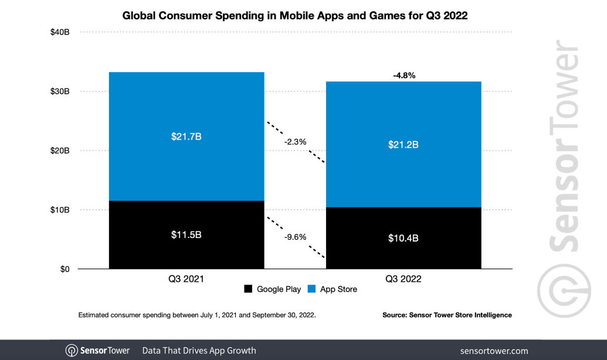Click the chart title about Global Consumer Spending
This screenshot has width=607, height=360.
click(x=295, y=16)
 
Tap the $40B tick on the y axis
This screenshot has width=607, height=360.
click(x=60, y=32)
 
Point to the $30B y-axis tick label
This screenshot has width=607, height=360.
click(x=60, y=91)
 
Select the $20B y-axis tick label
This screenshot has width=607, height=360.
click(x=60, y=151)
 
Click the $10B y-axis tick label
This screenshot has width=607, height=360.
click(x=60, y=210)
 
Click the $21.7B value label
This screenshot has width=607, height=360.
click(x=186, y=137)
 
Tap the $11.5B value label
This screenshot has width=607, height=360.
click(x=186, y=235)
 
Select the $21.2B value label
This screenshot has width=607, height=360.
click(x=403, y=144)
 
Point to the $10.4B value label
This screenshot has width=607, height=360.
click(x=403, y=238)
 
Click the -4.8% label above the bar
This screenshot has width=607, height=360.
click(x=403, y=75)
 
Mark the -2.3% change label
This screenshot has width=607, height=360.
click(x=295, y=141)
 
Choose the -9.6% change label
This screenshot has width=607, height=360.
click(x=295, y=237)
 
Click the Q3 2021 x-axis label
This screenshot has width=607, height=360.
click(x=186, y=279)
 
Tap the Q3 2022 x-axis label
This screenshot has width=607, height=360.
click(x=403, y=279)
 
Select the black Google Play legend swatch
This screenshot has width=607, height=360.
click(x=248, y=289)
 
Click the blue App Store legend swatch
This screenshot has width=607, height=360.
click(x=311, y=289)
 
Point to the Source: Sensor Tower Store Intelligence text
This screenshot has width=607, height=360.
click(x=447, y=315)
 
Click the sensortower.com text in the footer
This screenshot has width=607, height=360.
click(x=494, y=351)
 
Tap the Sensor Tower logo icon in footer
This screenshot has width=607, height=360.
click(x=71, y=351)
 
